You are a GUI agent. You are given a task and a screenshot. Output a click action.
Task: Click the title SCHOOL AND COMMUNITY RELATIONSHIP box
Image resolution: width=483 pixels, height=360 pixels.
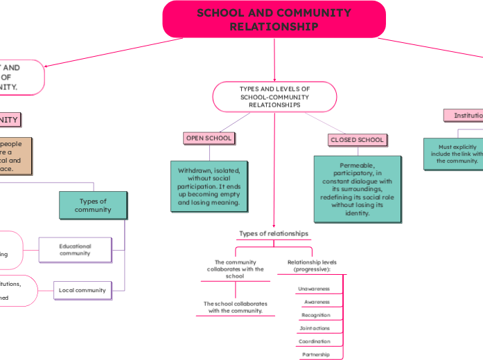(x=274, y=19)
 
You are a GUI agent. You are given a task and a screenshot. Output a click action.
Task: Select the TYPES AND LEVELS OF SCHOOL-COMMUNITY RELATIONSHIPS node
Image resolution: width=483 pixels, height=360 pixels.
(x=274, y=97)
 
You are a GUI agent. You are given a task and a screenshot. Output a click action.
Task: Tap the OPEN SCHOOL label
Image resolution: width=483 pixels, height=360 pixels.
(x=209, y=138)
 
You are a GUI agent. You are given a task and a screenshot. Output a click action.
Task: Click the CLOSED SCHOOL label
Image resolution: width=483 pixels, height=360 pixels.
(x=357, y=140)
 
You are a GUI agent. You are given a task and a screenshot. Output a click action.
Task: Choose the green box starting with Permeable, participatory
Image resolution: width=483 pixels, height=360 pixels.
(x=357, y=189)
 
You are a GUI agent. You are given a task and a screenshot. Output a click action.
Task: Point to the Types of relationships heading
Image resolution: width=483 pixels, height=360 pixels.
(x=274, y=234)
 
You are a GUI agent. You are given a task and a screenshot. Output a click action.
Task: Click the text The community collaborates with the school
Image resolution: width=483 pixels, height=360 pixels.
(x=235, y=269)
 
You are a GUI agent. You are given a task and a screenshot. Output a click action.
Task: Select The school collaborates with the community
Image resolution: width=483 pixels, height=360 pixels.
(x=235, y=307)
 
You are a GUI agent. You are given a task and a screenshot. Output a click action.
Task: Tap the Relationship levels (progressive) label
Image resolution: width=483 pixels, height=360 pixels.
(x=312, y=266)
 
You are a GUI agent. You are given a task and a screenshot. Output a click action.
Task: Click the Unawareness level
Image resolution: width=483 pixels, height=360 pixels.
(x=314, y=289)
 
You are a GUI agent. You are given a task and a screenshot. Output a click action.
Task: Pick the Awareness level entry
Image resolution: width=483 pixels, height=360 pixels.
(x=317, y=302)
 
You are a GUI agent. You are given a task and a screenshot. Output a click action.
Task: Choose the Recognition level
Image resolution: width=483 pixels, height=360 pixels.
(x=315, y=315)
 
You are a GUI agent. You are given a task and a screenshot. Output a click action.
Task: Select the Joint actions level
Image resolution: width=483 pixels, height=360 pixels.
(x=315, y=328)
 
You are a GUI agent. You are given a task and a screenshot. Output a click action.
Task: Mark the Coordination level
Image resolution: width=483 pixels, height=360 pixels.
(x=314, y=341)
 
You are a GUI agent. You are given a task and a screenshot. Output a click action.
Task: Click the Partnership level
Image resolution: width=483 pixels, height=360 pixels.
(x=316, y=354)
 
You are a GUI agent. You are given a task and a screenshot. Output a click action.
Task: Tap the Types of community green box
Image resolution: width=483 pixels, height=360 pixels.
(x=93, y=206)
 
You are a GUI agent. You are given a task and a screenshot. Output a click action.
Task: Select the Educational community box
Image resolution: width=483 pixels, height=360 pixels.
(x=75, y=250)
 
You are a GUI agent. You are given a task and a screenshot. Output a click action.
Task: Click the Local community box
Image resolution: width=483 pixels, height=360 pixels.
(x=82, y=290)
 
